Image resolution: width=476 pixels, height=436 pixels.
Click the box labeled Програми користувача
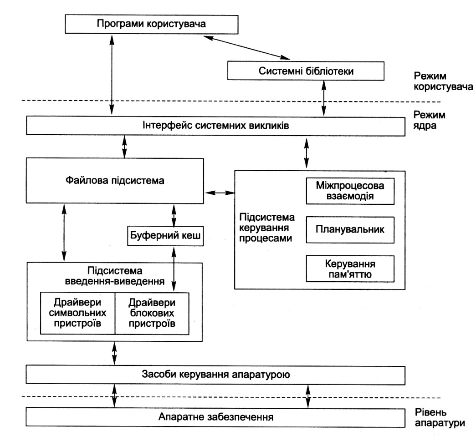click(x=152, y=24)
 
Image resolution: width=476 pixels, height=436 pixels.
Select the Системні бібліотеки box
click(x=306, y=71)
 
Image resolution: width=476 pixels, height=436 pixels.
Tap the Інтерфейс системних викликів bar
click(x=215, y=126)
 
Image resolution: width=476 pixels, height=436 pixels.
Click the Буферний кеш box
click(x=165, y=236)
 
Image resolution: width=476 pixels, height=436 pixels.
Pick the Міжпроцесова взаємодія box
click(x=350, y=191)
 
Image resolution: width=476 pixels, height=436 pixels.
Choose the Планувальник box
click(x=350, y=230)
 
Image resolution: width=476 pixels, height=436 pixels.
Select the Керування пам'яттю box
click(x=350, y=269)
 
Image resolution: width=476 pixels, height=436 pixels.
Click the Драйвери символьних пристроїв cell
click(x=78, y=313)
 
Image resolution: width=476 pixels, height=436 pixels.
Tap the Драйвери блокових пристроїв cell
click(x=152, y=313)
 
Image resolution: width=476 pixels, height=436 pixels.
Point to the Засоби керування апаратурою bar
click(x=215, y=375)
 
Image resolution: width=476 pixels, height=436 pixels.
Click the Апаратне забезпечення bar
click(x=215, y=417)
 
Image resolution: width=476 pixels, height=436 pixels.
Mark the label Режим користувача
click(x=443, y=81)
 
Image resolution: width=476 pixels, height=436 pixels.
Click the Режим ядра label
click(x=429, y=120)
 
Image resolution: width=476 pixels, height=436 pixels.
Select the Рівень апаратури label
click(x=440, y=418)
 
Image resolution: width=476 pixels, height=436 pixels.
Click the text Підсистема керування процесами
click(x=267, y=228)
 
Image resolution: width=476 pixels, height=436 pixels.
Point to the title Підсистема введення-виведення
click(x=115, y=276)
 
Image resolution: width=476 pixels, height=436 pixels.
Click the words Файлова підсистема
click(x=115, y=181)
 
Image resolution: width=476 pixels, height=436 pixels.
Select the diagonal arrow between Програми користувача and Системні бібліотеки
click(x=247, y=47)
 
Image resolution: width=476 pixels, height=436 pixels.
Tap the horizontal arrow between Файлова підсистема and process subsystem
click(x=220, y=193)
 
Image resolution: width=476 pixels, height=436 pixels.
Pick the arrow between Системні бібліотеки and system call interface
click(x=324, y=98)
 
